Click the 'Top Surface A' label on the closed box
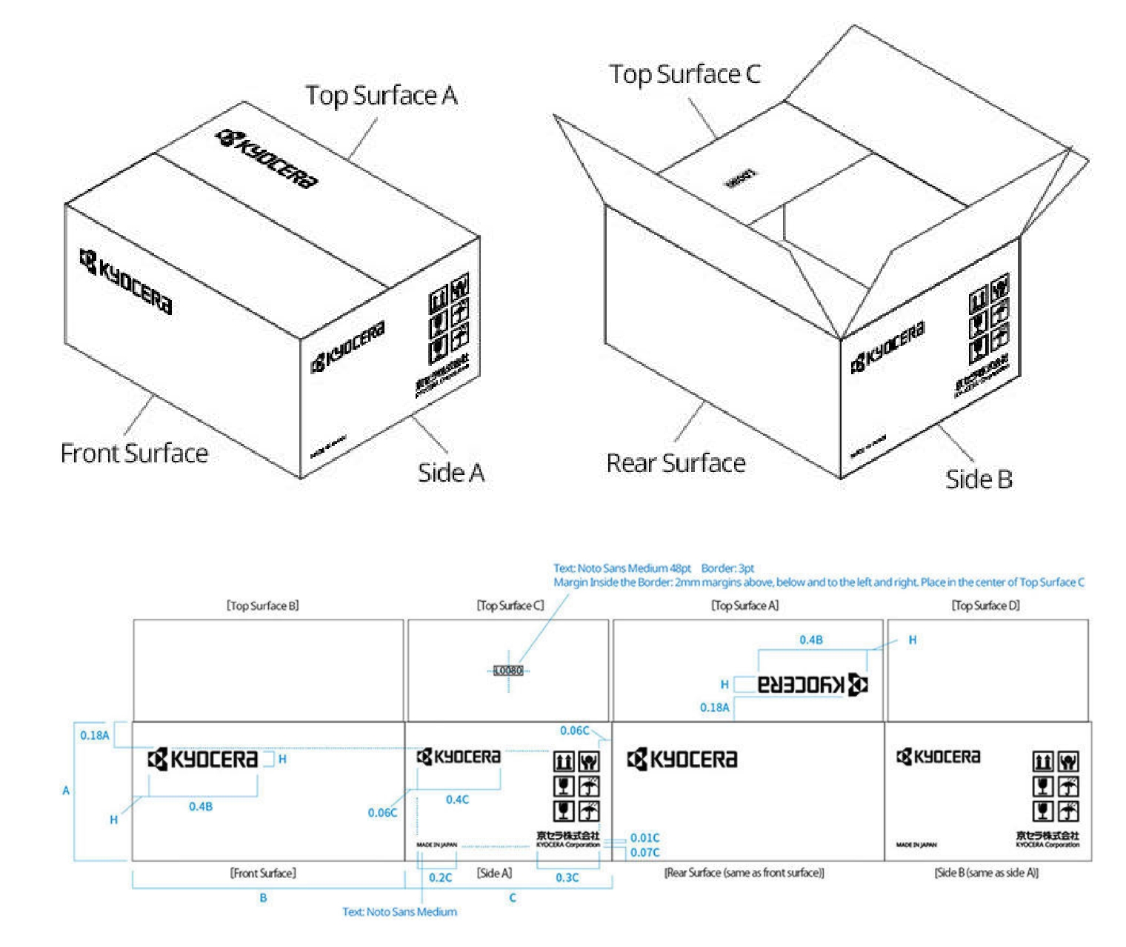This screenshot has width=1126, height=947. [x=382, y=96]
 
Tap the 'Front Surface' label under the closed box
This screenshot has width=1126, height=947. [x=134, y=453]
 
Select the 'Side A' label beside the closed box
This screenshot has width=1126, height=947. [x=451, y=472]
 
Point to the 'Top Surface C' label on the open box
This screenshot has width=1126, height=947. [x=684, y=74]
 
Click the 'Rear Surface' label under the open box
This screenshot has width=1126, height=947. [x=676, y=463]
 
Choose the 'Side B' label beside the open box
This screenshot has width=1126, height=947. [x=979, y=479]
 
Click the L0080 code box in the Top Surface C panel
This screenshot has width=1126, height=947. [x=508, y=671]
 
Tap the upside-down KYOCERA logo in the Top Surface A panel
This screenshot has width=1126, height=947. [x=812, y=684]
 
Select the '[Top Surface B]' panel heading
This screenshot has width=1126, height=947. [x=263, y=605]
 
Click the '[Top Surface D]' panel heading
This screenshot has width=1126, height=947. [x=985, y=605]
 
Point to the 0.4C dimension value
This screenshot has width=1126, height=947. [x=457, y=800]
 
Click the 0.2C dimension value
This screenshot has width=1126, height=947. [x=440, y=877]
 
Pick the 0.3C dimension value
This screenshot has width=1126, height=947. [x=567, y=877]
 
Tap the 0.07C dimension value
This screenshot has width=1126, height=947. [x=644, y=852]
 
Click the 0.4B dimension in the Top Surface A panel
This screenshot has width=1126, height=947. [x=811, y=639]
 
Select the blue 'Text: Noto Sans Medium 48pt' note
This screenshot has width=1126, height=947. [x=622, y=568]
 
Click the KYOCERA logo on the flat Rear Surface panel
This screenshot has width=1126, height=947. [x=682, y=760]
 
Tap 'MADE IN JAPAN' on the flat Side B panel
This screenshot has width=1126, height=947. [x=916, y=845]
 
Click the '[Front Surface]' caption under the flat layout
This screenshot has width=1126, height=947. [x=263, y=873]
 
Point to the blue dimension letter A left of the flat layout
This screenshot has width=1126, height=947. [x=66, y=791]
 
